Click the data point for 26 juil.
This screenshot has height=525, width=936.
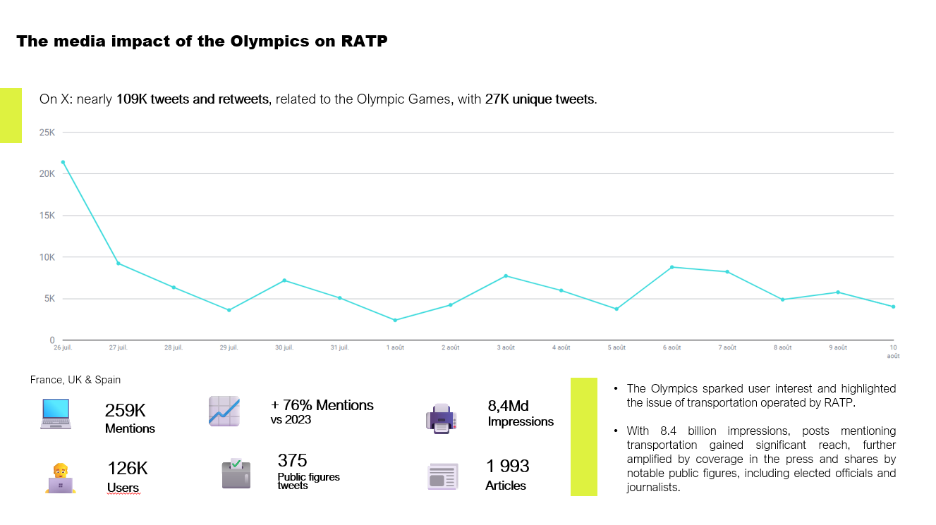[x=63, y=162]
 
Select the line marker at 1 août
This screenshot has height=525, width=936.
[x=395, y=320]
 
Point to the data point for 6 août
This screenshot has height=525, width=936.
[x=672, y=267]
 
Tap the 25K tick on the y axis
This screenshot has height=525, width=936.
[x=47, y=132]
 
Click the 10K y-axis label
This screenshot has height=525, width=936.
[x=47, y=257]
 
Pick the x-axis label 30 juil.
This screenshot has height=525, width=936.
[x=284, y=347]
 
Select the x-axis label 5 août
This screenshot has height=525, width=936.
[x=616, y=347]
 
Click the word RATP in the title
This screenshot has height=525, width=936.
[x=364, y=41]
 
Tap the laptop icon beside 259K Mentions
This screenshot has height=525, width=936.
[x=56, y=414]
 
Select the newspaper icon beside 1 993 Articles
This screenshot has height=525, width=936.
[x=442, y=476]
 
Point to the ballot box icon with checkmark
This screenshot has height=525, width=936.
[x=236, y=474]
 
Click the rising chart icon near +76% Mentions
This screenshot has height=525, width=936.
[x=224, y=412]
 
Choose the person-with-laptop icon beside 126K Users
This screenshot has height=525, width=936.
[x=60, y=478]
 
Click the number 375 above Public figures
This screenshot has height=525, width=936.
[x=292, y=461]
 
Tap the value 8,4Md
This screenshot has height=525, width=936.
[x=508, y=406]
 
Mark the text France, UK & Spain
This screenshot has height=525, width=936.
[x=75, y=380]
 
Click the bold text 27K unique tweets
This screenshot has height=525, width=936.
[x=540, y=99]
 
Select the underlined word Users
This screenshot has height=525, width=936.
[x=123, y=488]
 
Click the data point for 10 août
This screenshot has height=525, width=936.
[x=893, y=307]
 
